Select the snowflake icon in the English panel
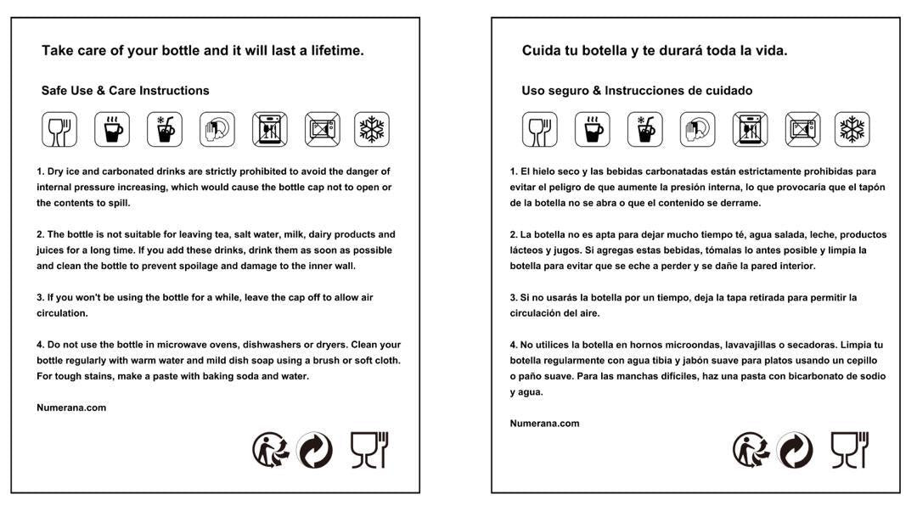(x=372, y=129)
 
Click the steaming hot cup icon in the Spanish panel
(x=592, y=129)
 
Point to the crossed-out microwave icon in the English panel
(x=323, y=129)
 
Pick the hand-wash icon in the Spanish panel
(x=697, y=129)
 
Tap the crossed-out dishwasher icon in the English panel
(x=269, y=129)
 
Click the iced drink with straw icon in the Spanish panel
(x=644, y=129)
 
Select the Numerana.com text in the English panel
(x=71, y=407)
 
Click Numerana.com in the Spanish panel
(x=544, y=424)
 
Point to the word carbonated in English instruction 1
(x=128, y=171)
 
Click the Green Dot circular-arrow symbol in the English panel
(x=314, y=450)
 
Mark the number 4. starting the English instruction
(x=40, y=345)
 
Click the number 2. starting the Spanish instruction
(x=514, y=234)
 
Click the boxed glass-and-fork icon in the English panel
(x=59, y=129)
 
